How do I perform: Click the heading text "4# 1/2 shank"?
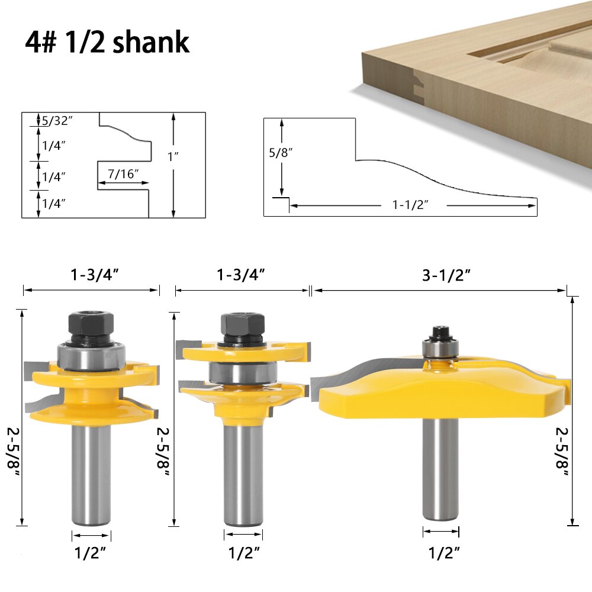tap(107, 42)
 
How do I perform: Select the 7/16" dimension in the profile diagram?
tap(123, 173)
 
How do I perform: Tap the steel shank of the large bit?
tap(440, 468)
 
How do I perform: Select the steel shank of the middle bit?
tap(242, 474)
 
